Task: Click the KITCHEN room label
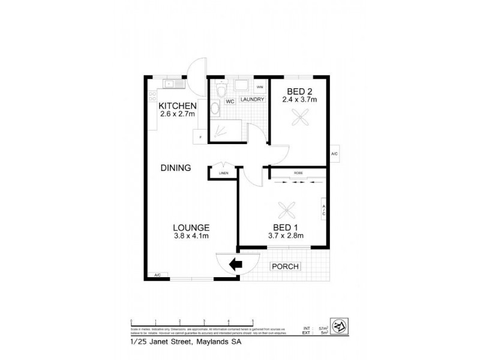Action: [177, 106]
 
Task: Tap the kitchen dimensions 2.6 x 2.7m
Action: [177, 114]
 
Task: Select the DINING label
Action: [175, 168]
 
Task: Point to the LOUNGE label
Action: [191, 227]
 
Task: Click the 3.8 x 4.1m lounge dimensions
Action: [191, 236]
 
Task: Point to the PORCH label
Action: [286, 266]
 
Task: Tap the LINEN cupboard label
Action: [223, 173]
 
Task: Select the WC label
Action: [230, 101]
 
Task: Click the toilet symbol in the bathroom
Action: [221, 89]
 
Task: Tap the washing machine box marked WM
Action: [259, 87]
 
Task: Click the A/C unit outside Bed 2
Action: [334, 154]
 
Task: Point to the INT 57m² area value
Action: [319, 329]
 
